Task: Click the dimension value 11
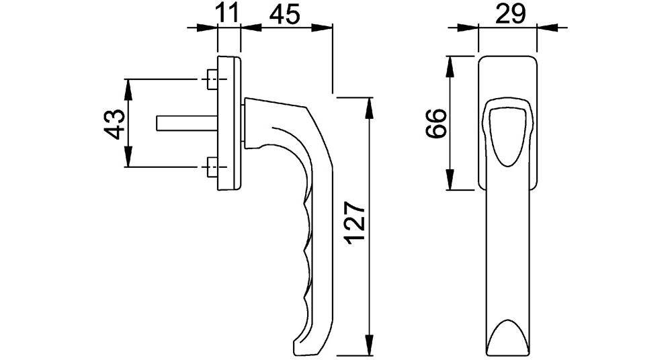228,13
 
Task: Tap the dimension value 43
115,123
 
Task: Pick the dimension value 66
436,123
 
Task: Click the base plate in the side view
229,123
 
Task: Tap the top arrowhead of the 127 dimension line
368,104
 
